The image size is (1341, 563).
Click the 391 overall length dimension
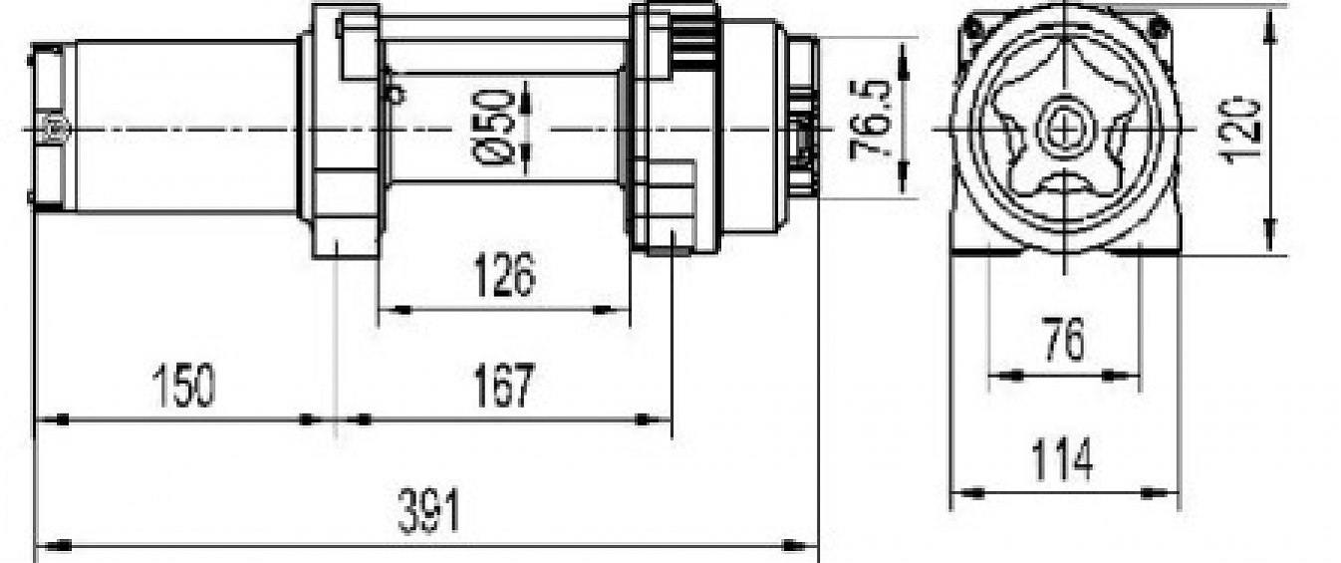pyautogui.click(x=429, y=512)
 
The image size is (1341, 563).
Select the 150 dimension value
pyautogui.click(x=182, y=387)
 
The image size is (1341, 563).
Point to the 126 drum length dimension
pyautogui.click(x=503, y=275)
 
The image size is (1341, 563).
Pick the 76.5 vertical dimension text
pyautogui.click(x=870, y=117)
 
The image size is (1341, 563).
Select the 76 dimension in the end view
pyautogui.click(x=1063, y=341)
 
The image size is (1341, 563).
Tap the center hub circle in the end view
pyautogui.click(x=1065, y=129)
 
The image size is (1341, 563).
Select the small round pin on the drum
pyautogui.click(x=398, y=95)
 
